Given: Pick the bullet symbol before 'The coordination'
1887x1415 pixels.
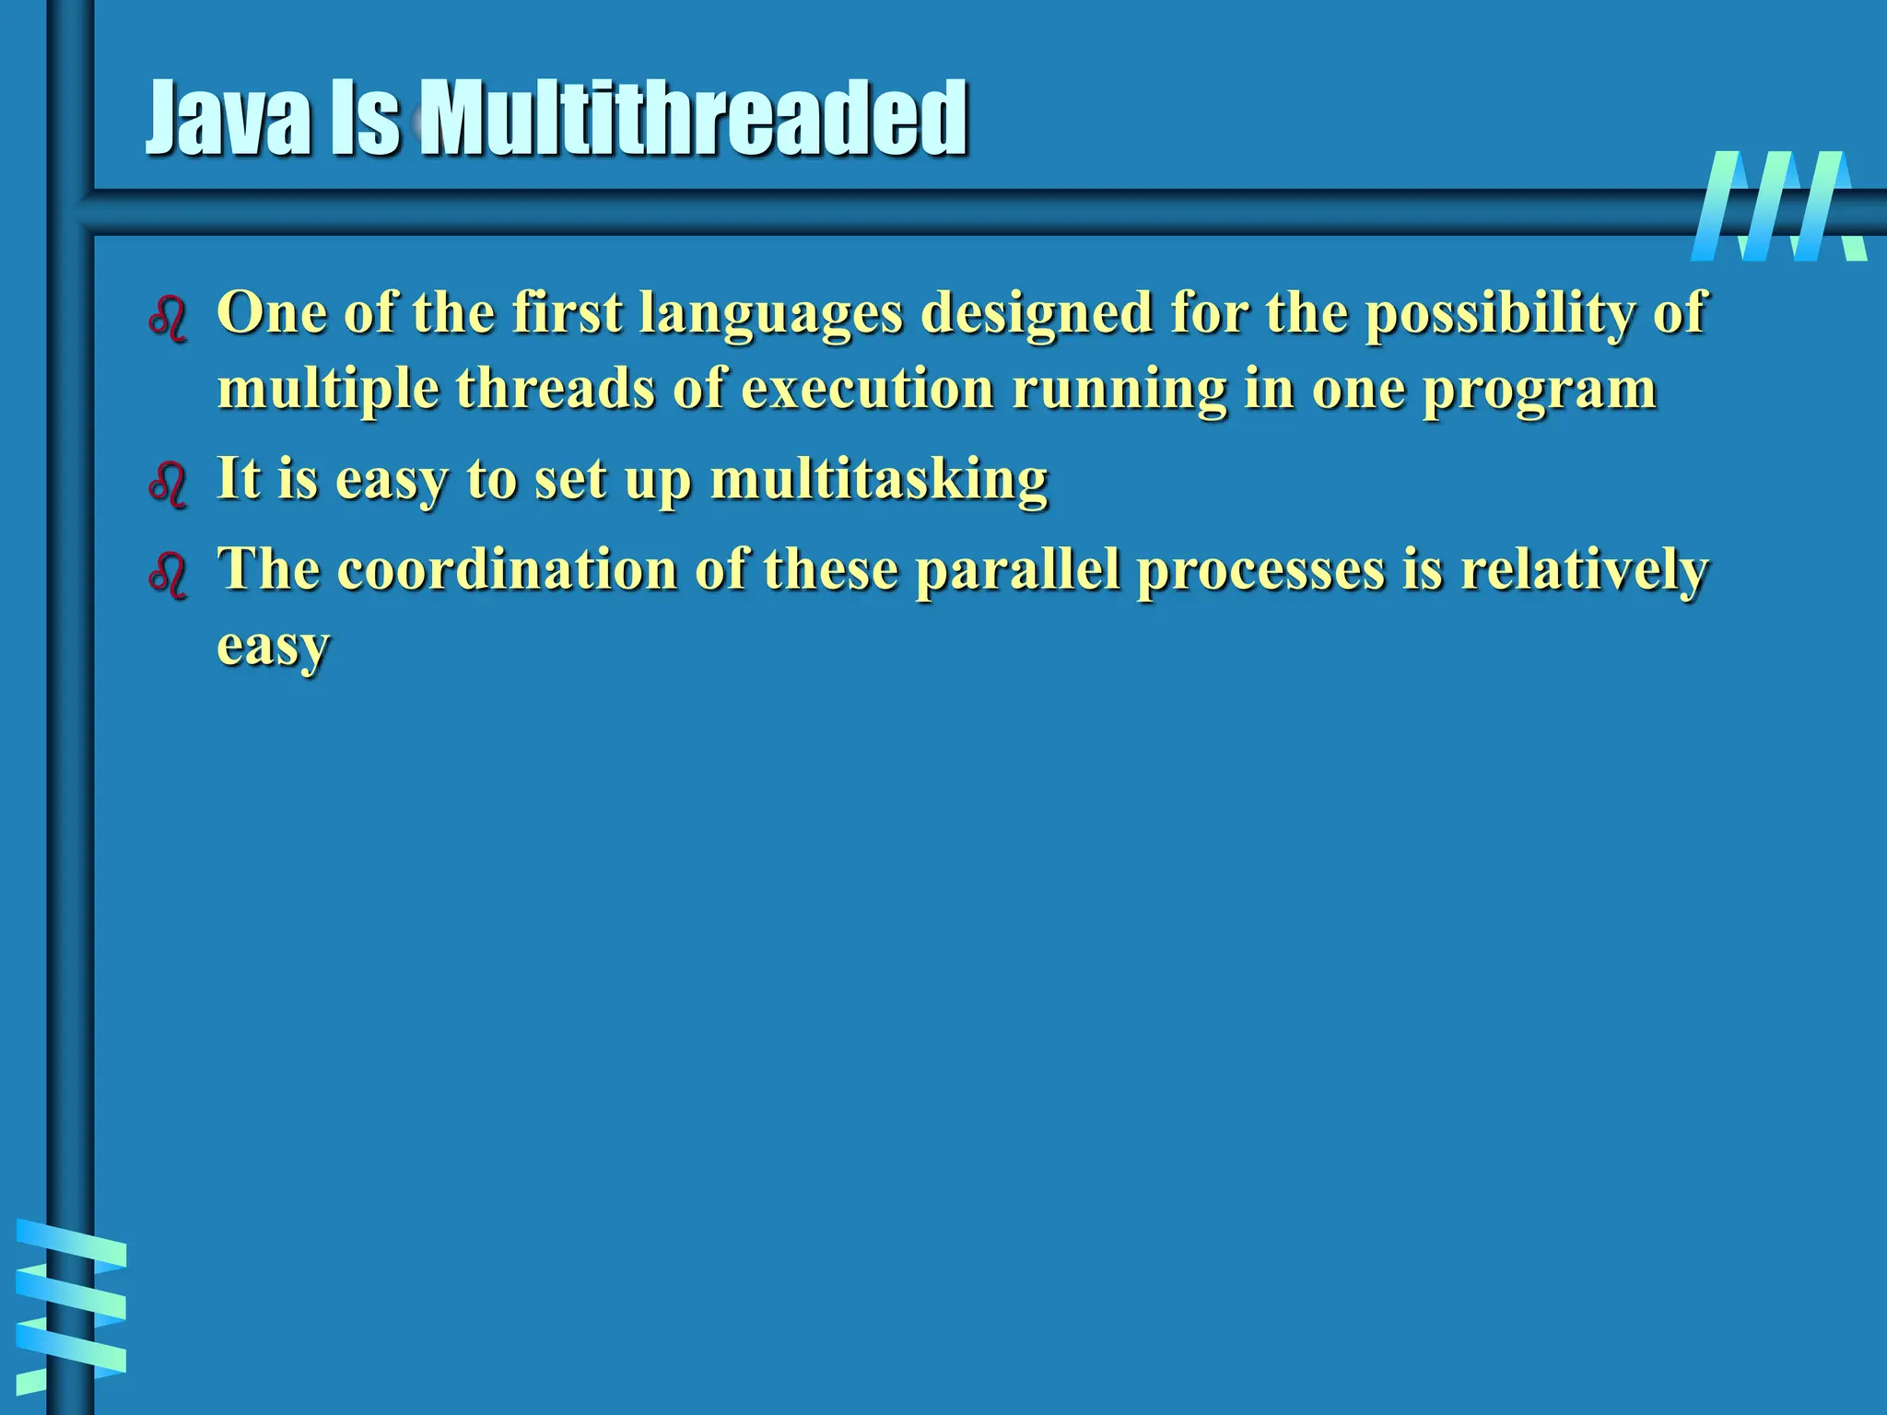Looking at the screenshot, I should click(x=168, y=575).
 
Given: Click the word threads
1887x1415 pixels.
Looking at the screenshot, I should click(x=555, y=389).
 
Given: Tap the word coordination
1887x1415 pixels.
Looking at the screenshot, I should click(x=507, y=569).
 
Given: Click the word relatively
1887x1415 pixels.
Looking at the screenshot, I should click(x=1585, y=569).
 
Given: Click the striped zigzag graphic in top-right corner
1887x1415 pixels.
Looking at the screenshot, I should click(x=1778, y=206).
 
